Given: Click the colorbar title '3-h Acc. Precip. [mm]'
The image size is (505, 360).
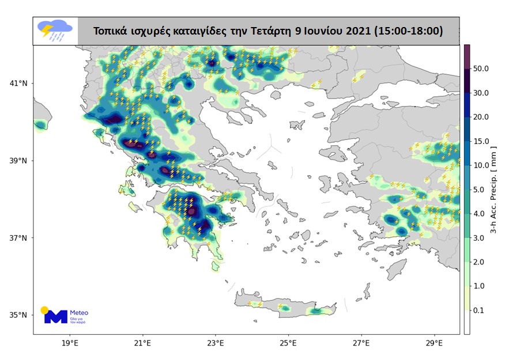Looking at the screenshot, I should click(494, 190).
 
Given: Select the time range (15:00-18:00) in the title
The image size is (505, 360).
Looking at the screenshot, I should click(410, 31).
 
